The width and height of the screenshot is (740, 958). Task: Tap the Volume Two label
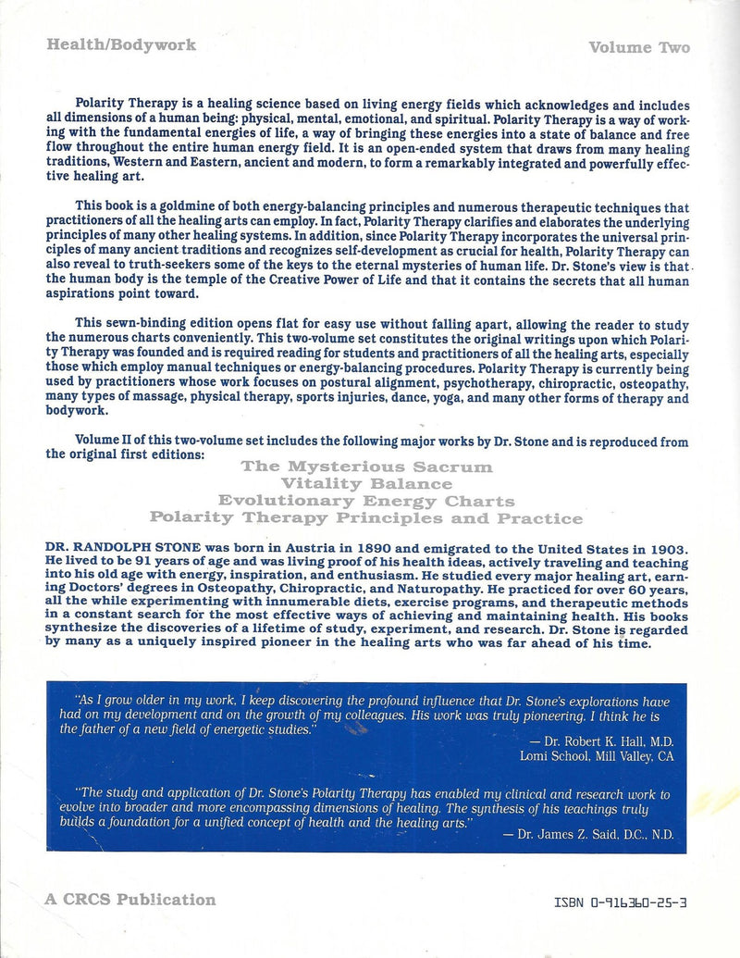tap(638, 48)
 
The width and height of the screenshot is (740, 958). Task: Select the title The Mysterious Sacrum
tap(366, 467)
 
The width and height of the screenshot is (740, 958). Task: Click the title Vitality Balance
tap(366, 483)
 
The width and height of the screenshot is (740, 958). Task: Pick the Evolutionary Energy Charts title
tap(366, 501)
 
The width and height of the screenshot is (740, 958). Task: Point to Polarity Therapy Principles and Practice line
tap(366, 518)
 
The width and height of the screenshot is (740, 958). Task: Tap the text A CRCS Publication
tap(129, 899)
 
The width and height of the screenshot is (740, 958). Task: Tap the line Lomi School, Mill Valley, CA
tap(597, 755)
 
